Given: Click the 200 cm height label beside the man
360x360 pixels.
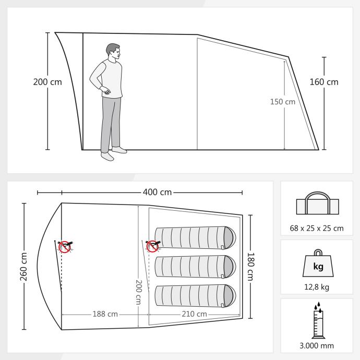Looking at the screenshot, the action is click(47, 82).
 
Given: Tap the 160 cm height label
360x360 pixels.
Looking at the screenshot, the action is click(324, 82).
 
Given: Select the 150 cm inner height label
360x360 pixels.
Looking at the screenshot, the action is click(283, 102).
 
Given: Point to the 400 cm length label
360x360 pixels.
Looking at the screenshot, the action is click(157, 192).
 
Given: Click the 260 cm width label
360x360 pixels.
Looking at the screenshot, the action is click(23, 266).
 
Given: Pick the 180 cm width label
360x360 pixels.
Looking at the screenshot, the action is click(251, 267).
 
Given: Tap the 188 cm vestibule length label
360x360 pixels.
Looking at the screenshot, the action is click(105, 314).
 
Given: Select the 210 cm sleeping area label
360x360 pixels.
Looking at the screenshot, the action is click(194, 314).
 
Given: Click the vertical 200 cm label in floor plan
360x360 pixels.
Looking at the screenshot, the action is click(138, 292).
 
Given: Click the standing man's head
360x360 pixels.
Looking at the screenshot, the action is click(113, 51).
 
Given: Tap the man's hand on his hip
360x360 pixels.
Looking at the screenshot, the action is click(105, 90).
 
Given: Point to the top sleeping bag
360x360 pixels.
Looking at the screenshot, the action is click(195, 237).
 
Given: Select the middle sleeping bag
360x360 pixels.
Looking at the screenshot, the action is click(195, 267).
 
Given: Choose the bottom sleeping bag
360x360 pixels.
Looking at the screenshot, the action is click(195, 296).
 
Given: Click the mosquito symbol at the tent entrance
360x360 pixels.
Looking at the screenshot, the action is click(65, 247).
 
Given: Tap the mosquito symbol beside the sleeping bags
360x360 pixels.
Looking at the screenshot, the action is click(153, 246).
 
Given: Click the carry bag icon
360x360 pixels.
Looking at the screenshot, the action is click(318, 203).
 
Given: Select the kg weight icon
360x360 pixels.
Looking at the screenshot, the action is click(318, 263).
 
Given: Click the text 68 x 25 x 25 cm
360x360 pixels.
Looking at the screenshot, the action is click(317, 228).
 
